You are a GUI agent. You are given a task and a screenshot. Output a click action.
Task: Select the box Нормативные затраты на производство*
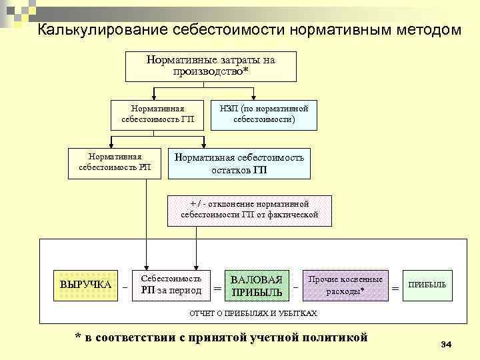[211, 65]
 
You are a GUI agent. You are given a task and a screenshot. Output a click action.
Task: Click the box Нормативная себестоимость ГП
[158, 115]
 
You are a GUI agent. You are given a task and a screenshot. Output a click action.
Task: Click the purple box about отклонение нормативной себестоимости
[249, 209]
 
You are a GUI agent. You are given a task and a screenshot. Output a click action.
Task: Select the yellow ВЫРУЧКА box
[85, 285]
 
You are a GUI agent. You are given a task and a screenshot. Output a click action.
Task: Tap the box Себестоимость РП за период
[171, 285]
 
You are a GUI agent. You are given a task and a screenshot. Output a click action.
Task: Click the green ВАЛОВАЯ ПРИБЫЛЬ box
[256, 286]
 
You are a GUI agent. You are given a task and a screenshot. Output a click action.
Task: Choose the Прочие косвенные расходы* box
[345, 285]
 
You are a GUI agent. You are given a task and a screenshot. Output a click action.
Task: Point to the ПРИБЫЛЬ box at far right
[427, 285]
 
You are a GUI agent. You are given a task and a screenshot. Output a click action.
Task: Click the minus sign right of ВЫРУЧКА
[125, 288]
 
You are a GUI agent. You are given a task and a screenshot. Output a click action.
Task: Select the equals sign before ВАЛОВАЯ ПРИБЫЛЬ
[217, 289]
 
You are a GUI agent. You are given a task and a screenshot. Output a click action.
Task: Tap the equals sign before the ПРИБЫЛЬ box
[396, 288]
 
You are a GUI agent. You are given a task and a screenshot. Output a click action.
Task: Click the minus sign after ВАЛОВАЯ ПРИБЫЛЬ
[295, 288]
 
